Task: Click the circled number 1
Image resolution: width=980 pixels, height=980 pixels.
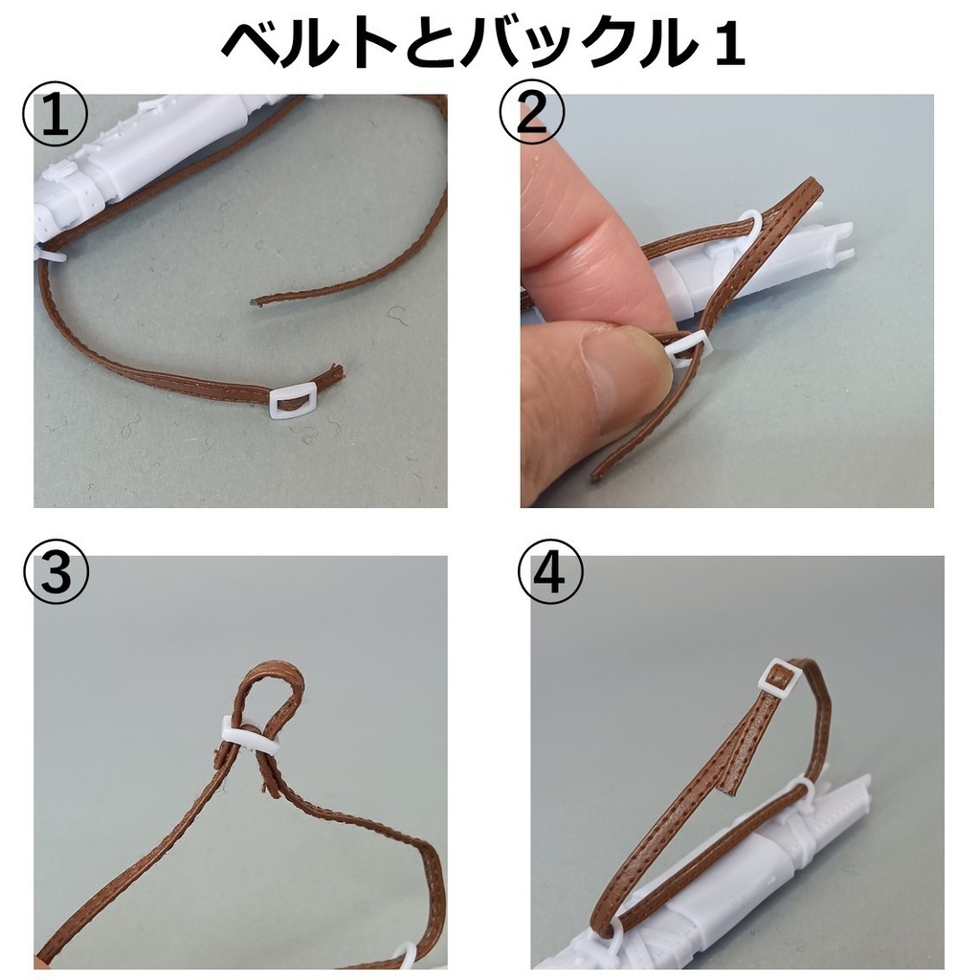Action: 55,113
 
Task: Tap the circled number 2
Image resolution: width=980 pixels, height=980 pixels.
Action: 531,113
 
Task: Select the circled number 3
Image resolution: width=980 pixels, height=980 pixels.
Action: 56,572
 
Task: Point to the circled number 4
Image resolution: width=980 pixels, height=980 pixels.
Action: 550,573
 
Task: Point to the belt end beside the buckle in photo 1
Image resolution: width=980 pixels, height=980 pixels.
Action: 335,373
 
